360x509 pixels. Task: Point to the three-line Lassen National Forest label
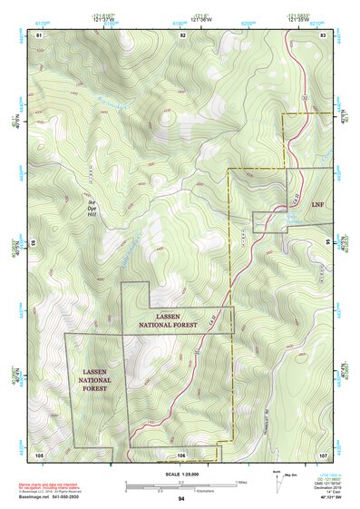94,380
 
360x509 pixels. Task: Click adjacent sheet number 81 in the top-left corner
39,34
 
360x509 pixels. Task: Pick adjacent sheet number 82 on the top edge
182,34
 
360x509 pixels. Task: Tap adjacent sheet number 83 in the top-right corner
323,34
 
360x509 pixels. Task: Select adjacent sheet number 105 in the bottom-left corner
39,454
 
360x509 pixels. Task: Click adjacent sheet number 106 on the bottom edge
181,454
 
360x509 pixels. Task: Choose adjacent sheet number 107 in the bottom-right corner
322,454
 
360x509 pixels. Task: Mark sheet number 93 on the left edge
34,243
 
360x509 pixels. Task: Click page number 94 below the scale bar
181,499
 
